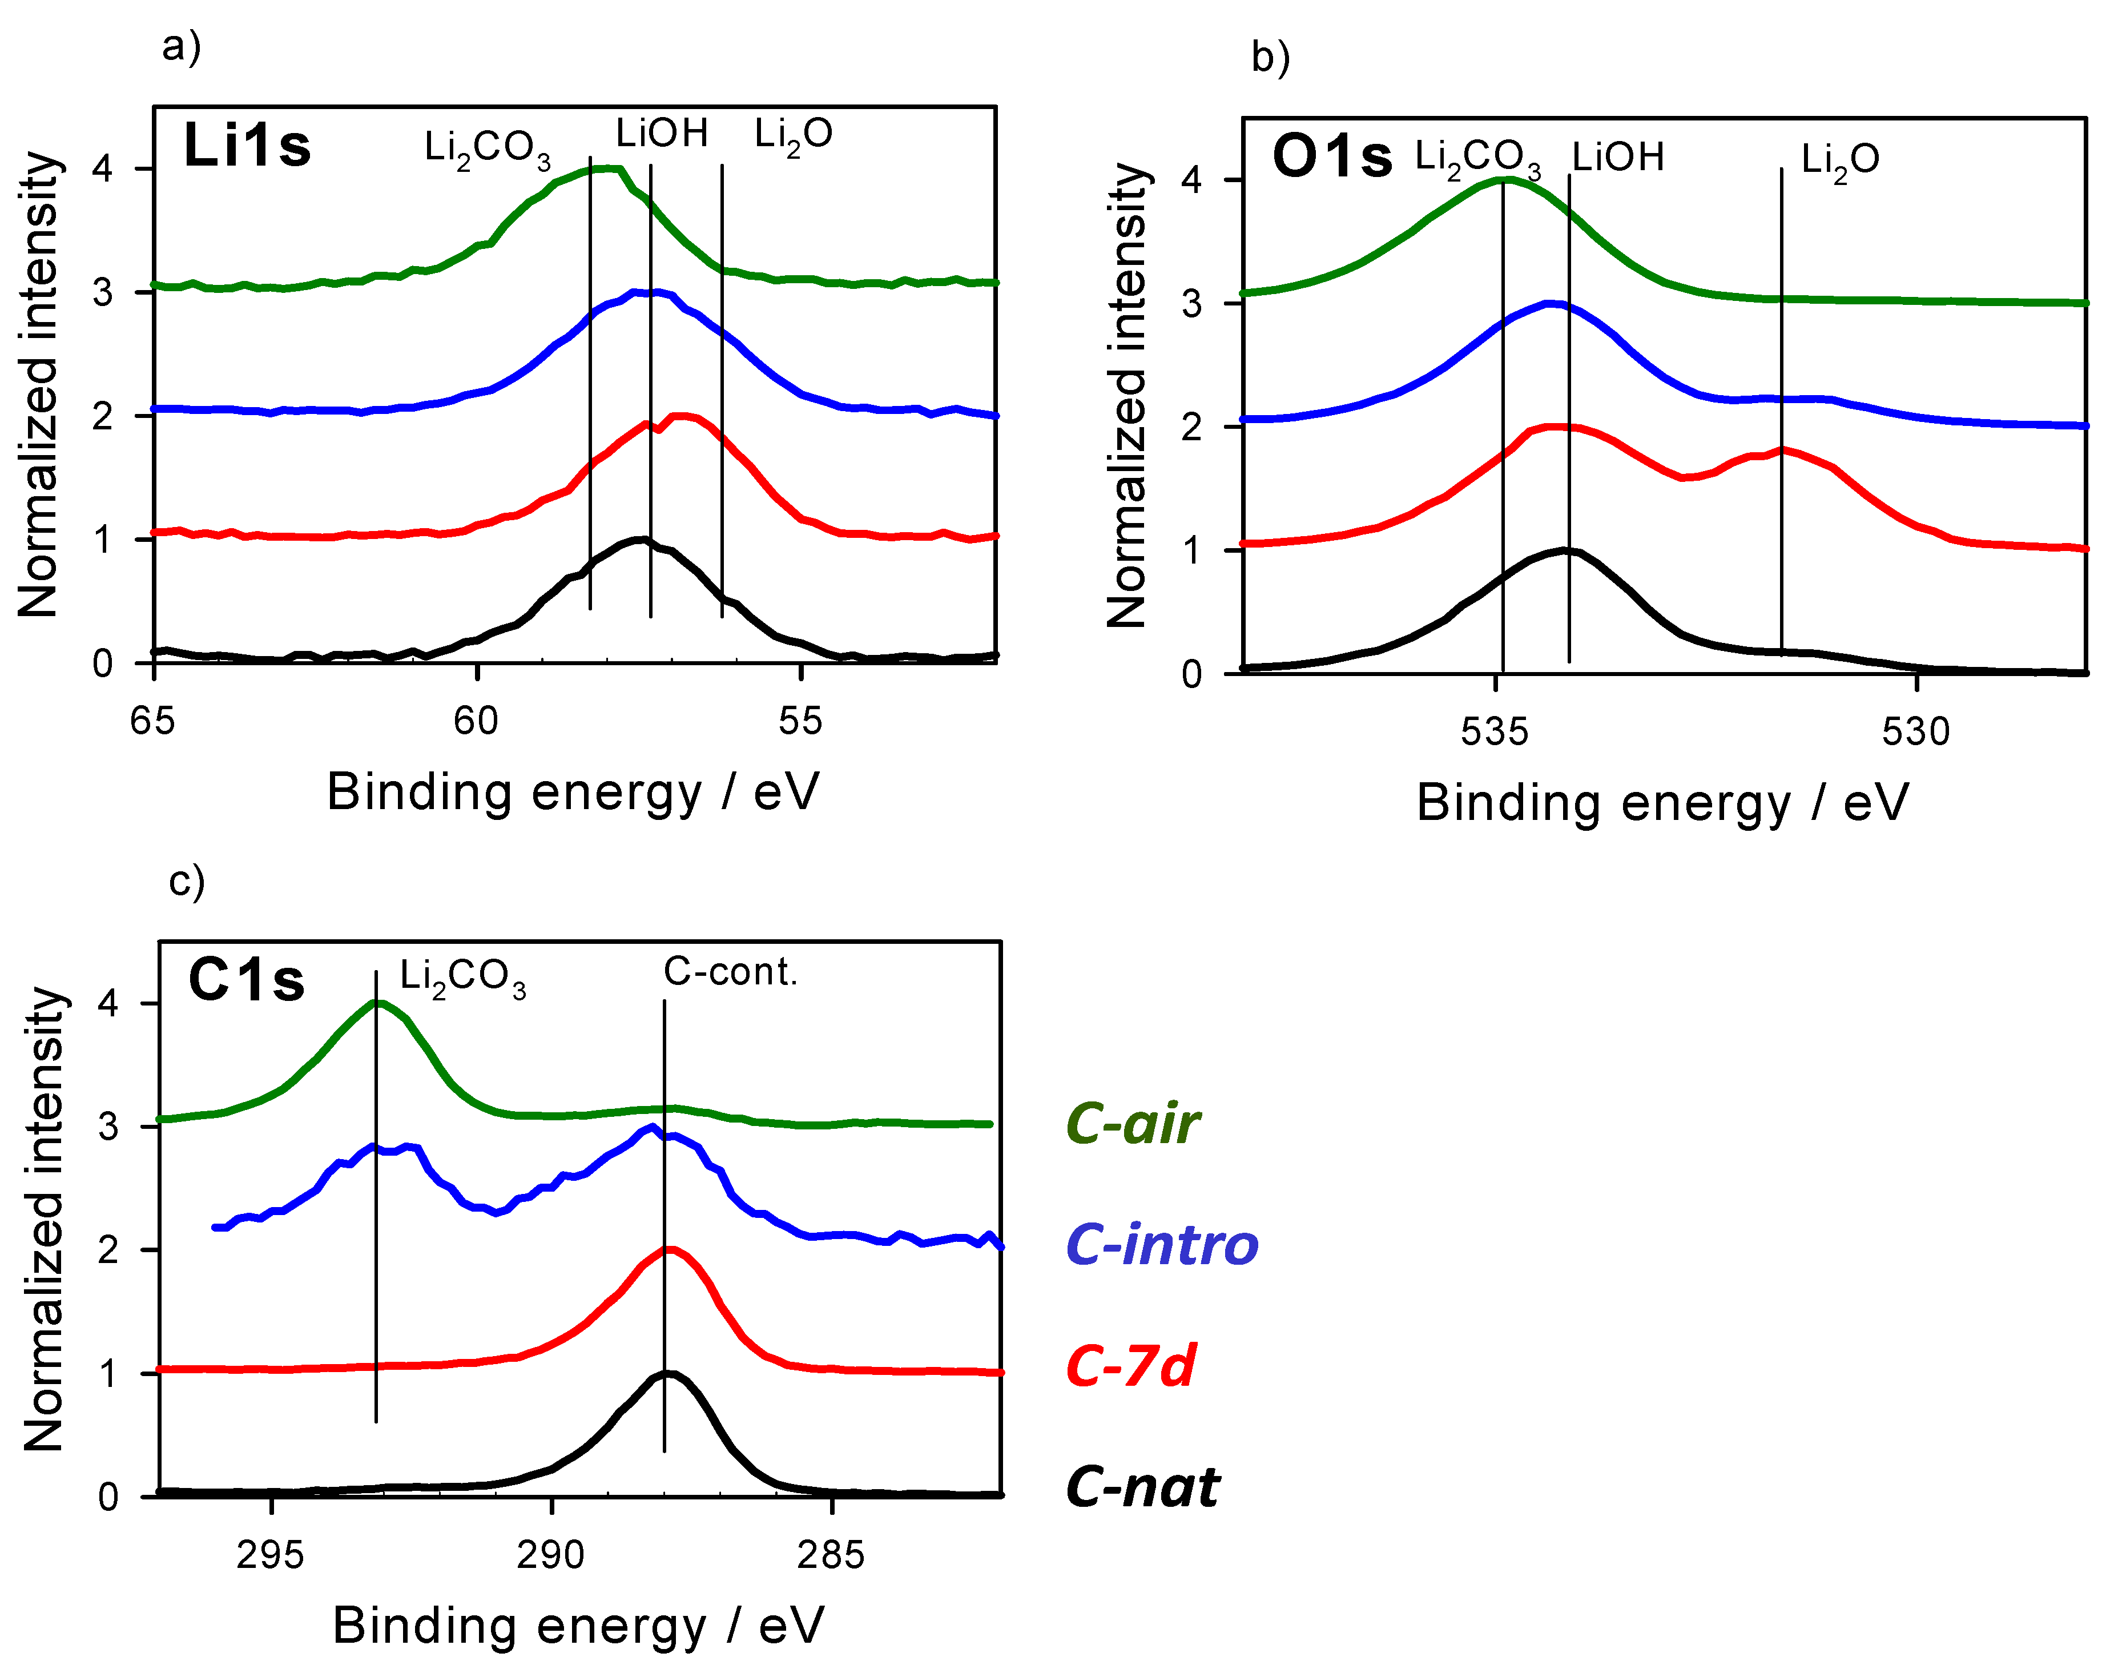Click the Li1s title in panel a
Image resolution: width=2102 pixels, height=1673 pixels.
[247, 146]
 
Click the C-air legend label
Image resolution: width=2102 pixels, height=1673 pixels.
[1132, 1124]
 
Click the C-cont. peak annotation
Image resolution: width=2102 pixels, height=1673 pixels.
[730, 972]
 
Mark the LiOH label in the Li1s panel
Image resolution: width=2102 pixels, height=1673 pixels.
[662, 134]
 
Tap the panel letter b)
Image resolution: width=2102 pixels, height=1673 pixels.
[1270, 58]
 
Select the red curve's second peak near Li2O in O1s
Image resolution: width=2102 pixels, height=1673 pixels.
[1782, 449]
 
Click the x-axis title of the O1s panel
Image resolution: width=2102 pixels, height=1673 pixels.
[1662, 803]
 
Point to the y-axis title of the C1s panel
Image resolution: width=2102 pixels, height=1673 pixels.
[44, 1218]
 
